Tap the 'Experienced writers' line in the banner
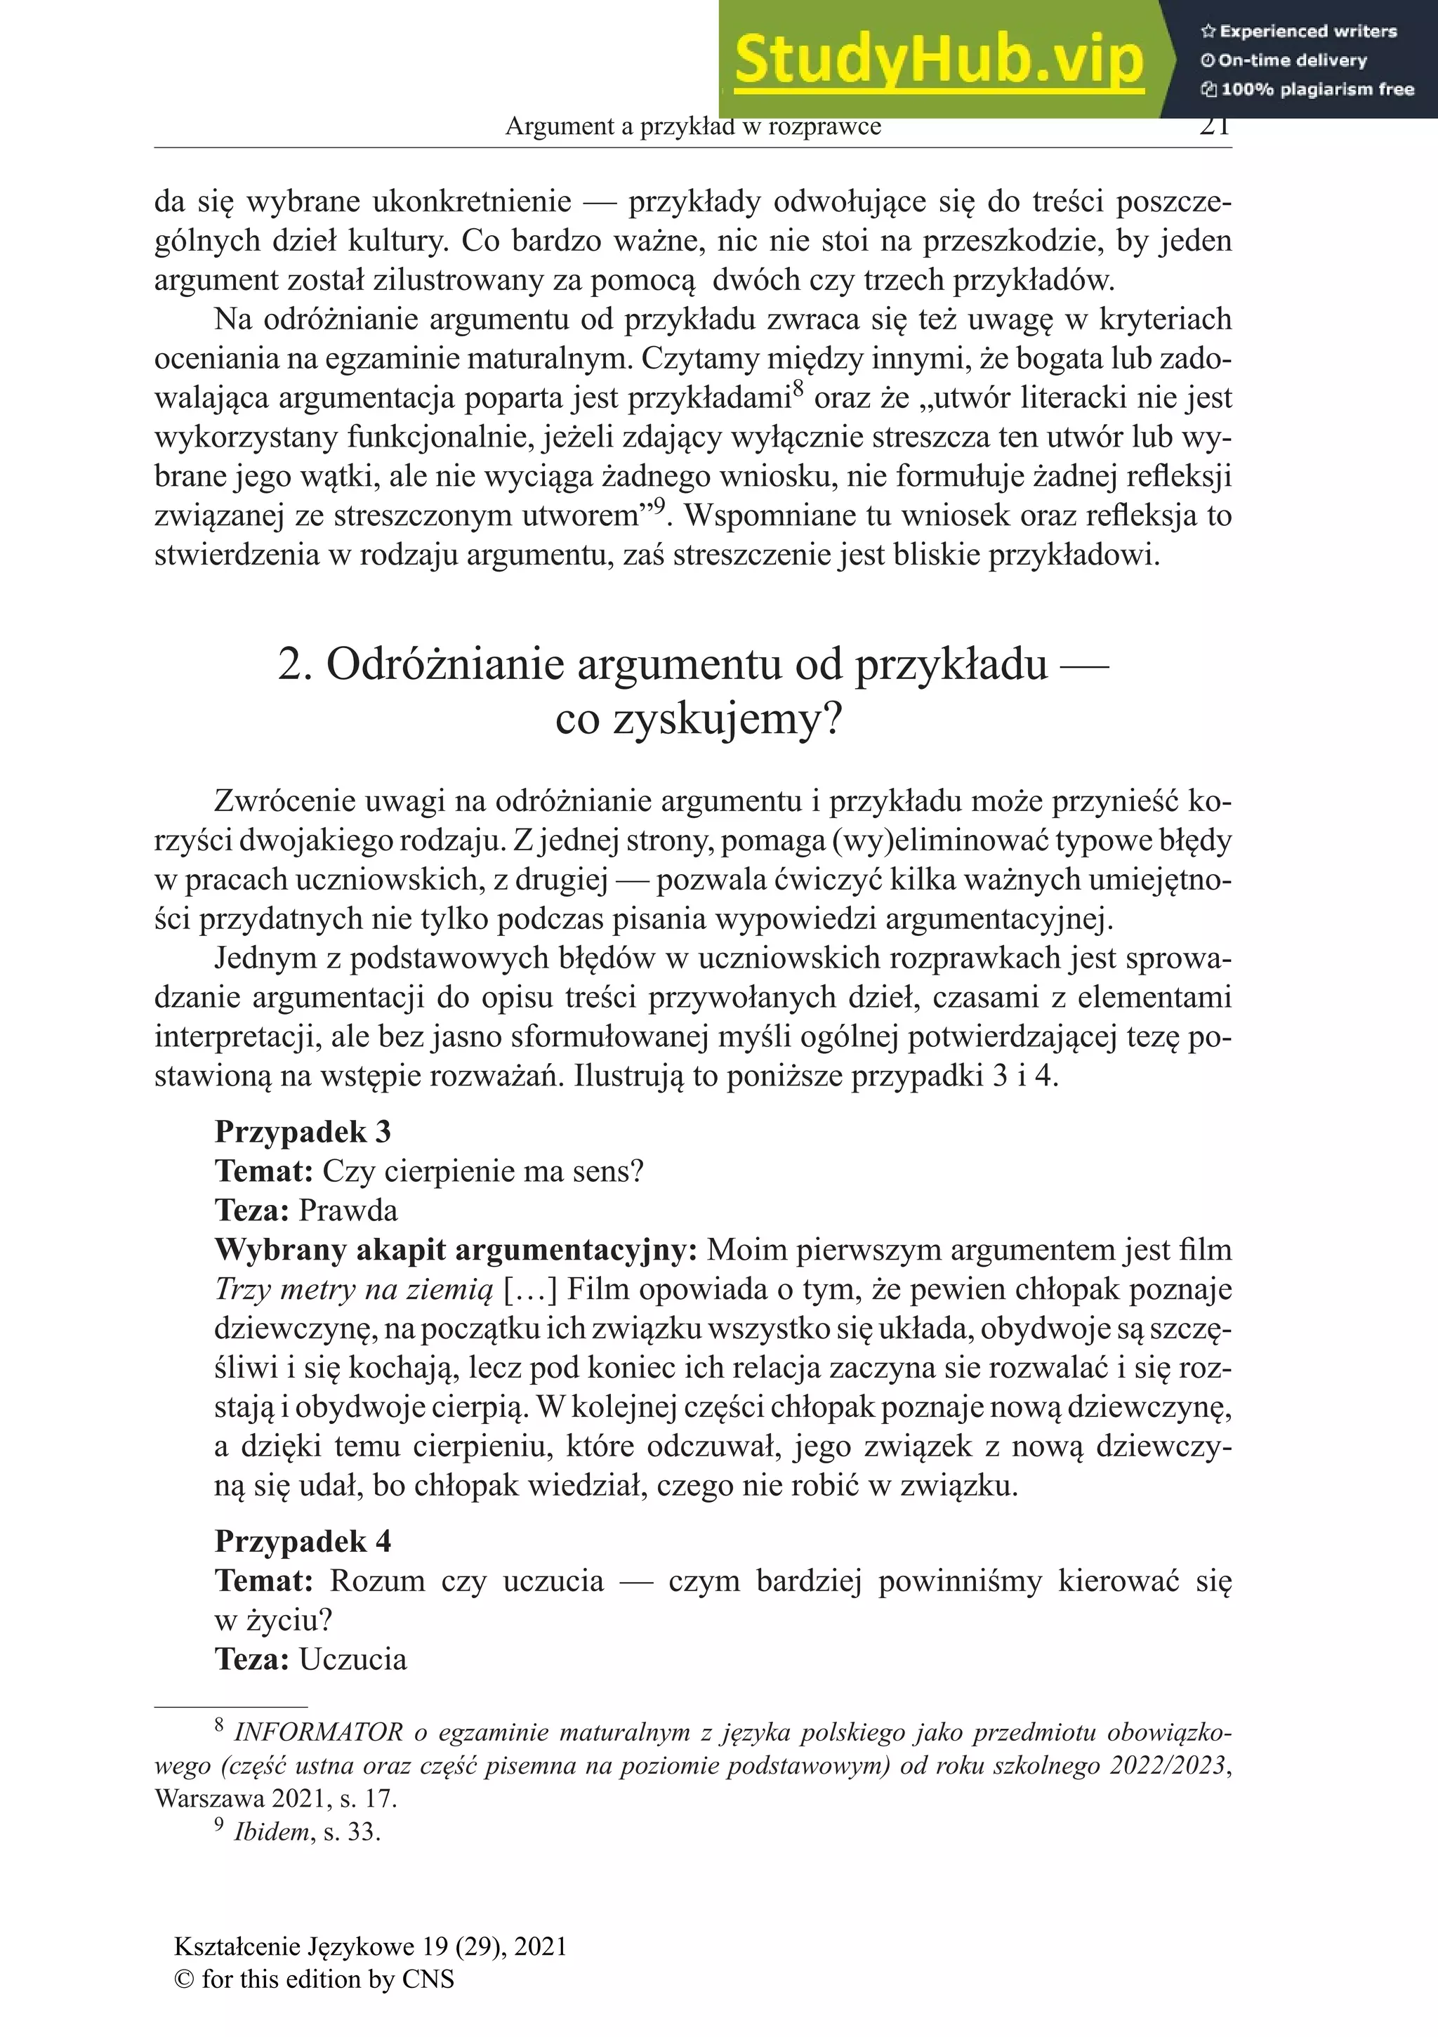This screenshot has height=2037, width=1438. click(1299, 31)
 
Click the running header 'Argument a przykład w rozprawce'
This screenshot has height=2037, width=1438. click(693, 127)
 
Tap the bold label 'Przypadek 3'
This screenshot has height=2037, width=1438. click(303, 1132)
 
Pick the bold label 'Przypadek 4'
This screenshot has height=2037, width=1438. click(303, 1541)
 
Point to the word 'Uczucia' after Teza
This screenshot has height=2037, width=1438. click(352, 1659)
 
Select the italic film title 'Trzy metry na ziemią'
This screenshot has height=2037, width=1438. click(353, 1289)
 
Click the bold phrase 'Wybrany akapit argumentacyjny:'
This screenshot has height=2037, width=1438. click(456, 1250)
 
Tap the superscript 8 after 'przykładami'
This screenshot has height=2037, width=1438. click(798, 388)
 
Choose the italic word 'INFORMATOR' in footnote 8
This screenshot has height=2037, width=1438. click(317, 1733)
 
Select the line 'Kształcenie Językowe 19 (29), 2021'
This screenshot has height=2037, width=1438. click(371, 1946)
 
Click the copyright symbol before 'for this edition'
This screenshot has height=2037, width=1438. click(184, 1979)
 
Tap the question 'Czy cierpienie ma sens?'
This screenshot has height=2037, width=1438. click(482, 1171)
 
